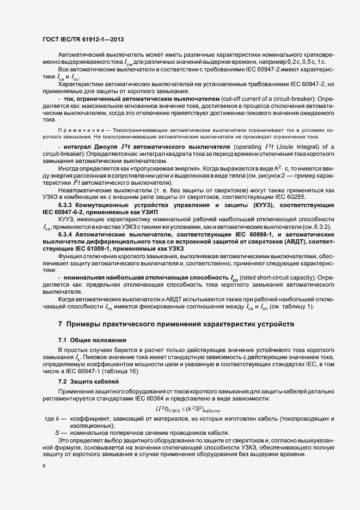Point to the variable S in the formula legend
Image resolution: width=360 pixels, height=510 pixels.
click(57, 432)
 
